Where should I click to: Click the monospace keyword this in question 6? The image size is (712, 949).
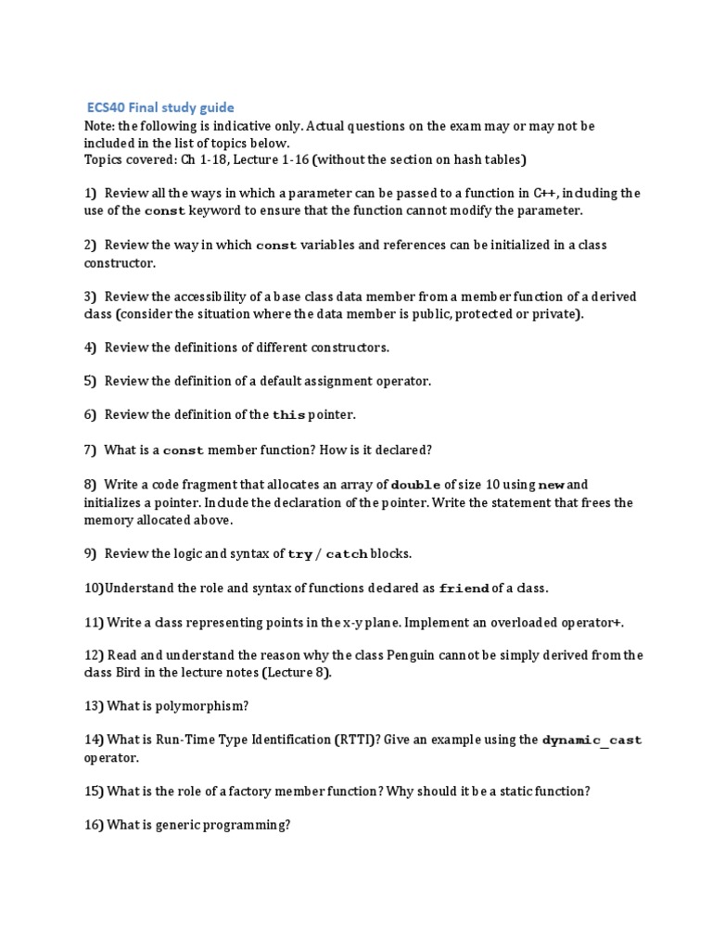coord(288,415)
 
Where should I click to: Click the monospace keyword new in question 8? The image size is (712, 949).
coord(551,485)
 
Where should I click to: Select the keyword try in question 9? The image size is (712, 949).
coord(300,554)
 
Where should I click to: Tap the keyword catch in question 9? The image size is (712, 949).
coord(347,554)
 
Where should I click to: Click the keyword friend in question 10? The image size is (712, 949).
coord(463,588)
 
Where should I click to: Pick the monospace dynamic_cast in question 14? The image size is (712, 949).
coord(591,740)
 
